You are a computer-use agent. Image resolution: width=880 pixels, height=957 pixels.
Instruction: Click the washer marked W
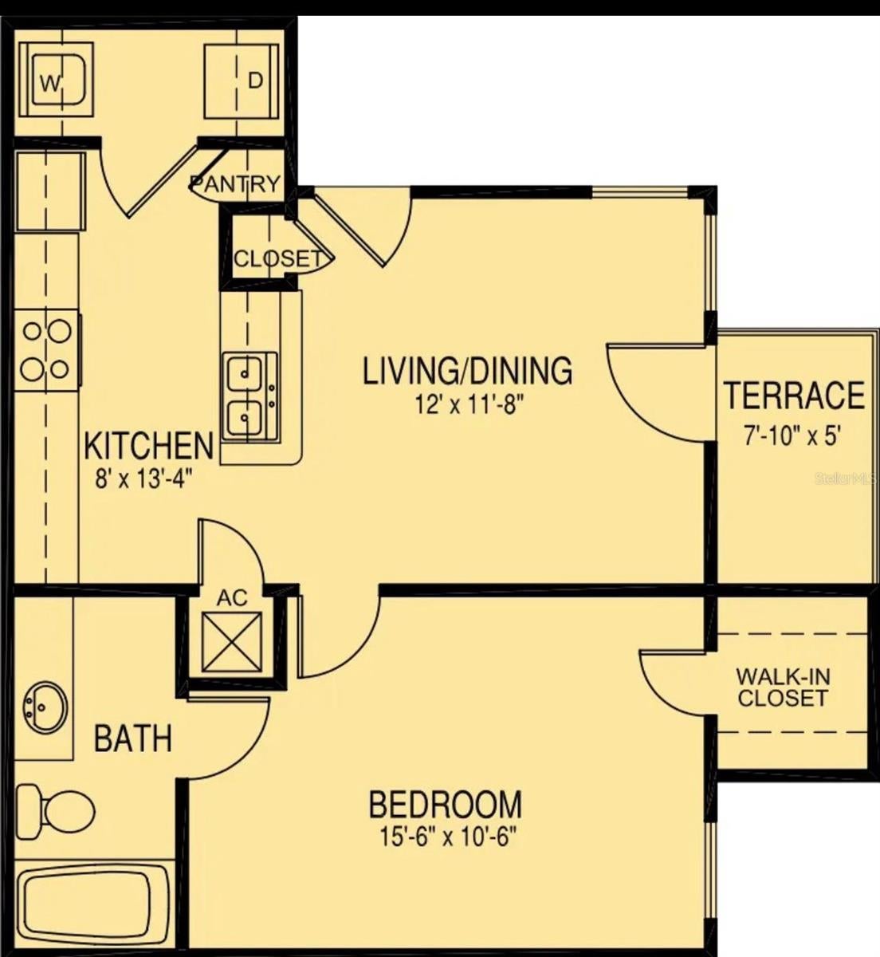tap(56, 80)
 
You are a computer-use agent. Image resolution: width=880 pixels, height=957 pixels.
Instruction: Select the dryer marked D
tap(242, 81)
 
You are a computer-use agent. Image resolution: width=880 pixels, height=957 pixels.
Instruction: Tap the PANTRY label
tap(235, 184)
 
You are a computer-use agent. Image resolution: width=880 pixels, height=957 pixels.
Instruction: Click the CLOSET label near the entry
tap(277, 258)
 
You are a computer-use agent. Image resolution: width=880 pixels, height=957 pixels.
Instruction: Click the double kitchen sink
tap(249, 396)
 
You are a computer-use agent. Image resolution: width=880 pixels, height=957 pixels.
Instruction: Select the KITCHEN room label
tap(149, 446)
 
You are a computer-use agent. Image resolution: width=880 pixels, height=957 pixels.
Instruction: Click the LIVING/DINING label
tap(468, 372)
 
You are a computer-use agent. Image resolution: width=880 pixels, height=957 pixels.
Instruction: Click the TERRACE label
tap(794, 396)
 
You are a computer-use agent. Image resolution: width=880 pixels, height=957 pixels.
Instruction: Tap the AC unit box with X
tap(232, 643)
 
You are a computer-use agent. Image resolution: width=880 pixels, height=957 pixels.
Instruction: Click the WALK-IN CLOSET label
tap(783, 687)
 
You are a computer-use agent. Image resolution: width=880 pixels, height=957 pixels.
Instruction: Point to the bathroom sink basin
tap(45, 707)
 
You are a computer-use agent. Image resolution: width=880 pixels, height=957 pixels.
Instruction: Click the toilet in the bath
tap(56, 810)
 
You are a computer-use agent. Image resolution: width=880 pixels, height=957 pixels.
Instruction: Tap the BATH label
tap(133, 738)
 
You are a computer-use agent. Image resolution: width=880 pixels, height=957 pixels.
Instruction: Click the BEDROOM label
tap(446, 804)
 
